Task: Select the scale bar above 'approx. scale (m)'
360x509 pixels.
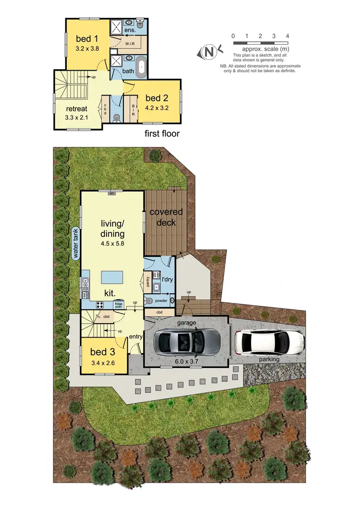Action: [x=260, y=43]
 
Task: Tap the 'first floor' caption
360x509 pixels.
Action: [x=162, y=133]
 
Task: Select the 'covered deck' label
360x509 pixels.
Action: [x=166, y=217]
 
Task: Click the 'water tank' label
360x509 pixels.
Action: [x=76, y=243]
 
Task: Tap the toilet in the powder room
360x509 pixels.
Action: [x=150, y=302]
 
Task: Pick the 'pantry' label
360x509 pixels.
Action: [x=147, y=280]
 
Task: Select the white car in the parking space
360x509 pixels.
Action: [x=269, y=342]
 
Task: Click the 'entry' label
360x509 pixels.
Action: [x=136, y=337]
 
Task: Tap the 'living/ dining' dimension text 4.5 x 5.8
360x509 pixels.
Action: [x=112, y=243]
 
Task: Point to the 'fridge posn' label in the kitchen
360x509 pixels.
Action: [x=118, y=304]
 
